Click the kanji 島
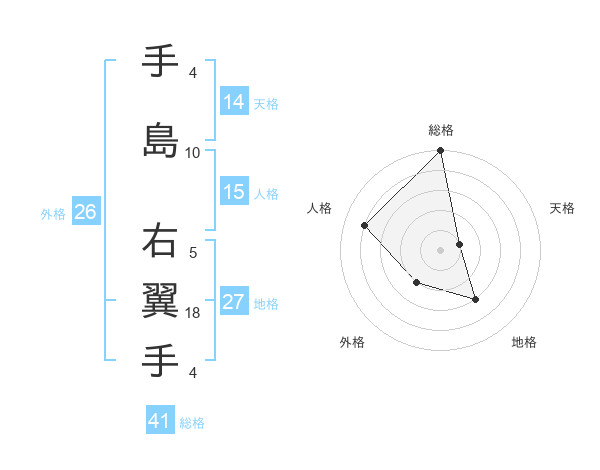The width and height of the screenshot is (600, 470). click(161, 139)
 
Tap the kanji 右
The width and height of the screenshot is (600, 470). click(161, 243)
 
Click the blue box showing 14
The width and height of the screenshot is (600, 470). click(234, 101)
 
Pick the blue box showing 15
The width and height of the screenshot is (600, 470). click(234, 192)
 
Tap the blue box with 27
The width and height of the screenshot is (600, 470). click(234, 302)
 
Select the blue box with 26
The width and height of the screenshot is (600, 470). click(86, 211)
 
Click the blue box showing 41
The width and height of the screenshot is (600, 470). click(160, 421)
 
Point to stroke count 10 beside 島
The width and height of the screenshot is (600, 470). click(193, 153)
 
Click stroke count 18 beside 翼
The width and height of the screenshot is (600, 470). click(193, 313)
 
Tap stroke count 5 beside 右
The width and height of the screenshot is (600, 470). click(193, 254)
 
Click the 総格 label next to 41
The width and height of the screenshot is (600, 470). click(192, 423)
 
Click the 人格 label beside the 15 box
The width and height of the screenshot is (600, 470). click(266, 193)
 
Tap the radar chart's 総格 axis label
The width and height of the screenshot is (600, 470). click(441, 130)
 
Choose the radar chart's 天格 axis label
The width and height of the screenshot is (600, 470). click(563, 208)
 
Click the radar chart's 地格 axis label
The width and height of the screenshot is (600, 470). click(524, 342)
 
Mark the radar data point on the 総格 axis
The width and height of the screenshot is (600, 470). click(441, 151)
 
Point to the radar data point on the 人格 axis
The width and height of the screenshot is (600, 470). click(365, 225)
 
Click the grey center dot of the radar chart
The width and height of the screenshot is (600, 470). click(441, 250)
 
